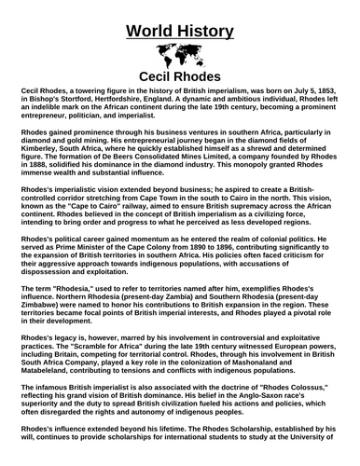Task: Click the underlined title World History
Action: pyautogui.click(x=180, y=21)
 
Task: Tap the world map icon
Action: pyautogui.click(x=179, y=54)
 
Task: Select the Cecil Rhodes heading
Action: pyautogui.click(x=179, y=75)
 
